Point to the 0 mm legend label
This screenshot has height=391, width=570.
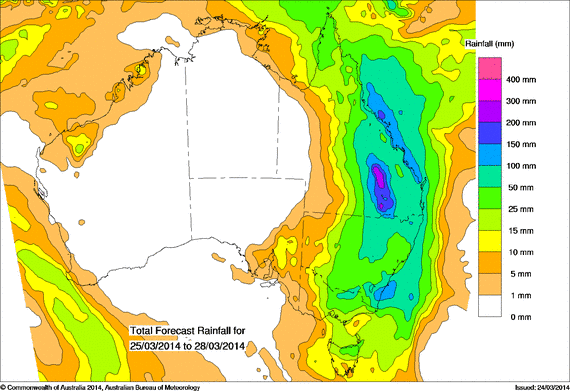523,316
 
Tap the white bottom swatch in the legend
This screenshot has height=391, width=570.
488,305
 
